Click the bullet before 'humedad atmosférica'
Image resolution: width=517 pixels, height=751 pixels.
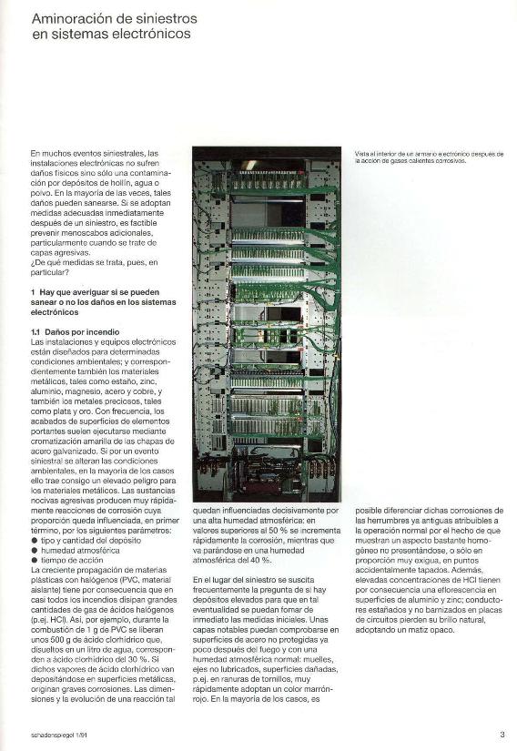[35, 550]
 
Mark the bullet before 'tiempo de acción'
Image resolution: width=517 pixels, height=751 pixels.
[35, 560]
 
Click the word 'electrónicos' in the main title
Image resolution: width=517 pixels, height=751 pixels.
[154, 34]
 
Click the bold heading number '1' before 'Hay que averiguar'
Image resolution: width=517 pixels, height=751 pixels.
[33, 291]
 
